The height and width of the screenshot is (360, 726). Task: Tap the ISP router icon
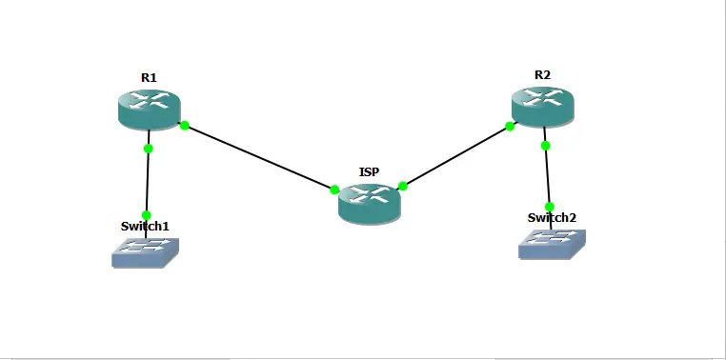tap(369, 201)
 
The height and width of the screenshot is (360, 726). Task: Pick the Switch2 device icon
tap(552, 243)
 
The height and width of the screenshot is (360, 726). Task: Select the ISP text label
tap(369, 171)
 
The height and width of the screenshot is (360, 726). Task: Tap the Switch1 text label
tap(145, 227)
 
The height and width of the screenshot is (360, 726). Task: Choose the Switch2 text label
tap(552, 217)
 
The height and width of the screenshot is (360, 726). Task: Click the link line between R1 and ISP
tap(259, 157)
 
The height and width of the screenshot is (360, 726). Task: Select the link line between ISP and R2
tap(456, 156)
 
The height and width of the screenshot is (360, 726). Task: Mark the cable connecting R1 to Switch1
tap(148, 181)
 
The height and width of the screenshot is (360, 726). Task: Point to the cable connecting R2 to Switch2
tap(547, 176)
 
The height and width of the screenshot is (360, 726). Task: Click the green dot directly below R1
tap(148, 148)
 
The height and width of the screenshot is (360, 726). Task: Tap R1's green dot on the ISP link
tap(184, 125)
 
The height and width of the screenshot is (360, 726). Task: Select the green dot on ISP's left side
tap(334, 190)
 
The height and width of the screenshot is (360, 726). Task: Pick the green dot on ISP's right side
tap(403, 186)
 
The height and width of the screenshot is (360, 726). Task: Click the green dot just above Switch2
tap(549, 207)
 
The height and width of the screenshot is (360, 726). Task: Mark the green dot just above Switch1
tap(147, 214)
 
